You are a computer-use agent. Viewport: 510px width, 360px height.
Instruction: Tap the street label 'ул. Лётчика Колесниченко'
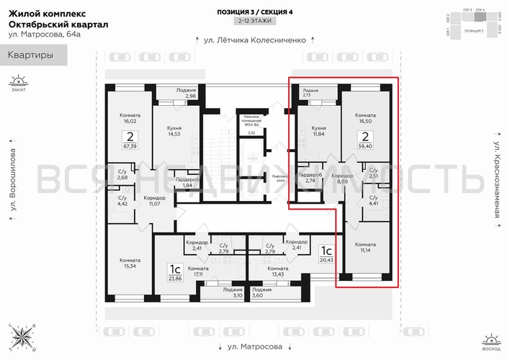pyautogui.click(x=255, y=40)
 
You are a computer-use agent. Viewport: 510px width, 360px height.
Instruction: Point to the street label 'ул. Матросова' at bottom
pyautogui.click(x=255, y=346)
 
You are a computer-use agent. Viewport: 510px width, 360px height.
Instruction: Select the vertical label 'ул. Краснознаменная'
pyautogui.click(x=496, y=180)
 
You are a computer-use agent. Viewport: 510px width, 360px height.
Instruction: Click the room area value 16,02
pyautogui.click(x=130, y=122)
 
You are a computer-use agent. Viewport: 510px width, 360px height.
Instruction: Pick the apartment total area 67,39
pyautogui.click(x=130, y=145)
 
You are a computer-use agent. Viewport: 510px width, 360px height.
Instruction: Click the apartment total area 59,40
pyautogui.click(x=366, y=145)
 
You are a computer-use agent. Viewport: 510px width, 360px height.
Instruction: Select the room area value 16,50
pyautogui.click(x=366, y=122)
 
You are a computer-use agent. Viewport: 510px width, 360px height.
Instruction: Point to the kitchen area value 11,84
pyautogui.click(x=319, y=134)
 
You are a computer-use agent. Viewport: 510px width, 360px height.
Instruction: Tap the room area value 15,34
pyautogui.click(x=130, y=266)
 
